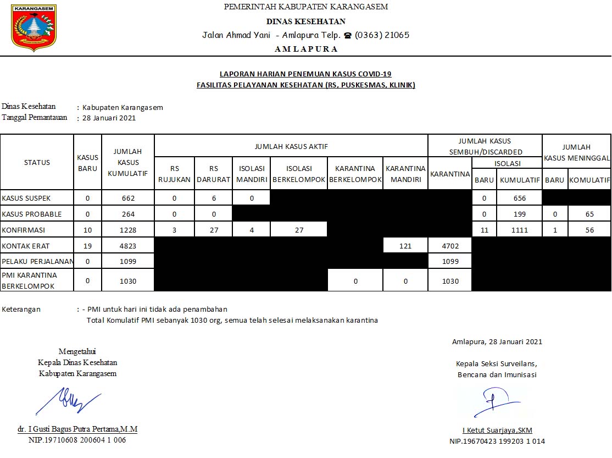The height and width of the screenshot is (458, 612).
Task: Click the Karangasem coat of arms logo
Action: click(34, 28)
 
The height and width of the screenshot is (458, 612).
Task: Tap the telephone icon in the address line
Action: click(347, 35)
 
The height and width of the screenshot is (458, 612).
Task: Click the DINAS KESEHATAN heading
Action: click(306, 21)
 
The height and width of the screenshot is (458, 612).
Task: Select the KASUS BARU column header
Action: click(87, 162)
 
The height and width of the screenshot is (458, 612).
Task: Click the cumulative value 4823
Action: click(128, 246)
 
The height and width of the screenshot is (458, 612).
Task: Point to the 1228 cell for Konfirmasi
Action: click(128, 230)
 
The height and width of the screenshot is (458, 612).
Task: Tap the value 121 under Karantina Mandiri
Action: click(405, 246)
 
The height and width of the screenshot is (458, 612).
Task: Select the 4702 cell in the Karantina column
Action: click(450, 246)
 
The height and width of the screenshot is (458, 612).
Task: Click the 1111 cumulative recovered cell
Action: click(519, 230)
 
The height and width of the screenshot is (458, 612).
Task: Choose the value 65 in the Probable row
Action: click(589, 214)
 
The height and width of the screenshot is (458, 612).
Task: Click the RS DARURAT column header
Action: click(214, 174)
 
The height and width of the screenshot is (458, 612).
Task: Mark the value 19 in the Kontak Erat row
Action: click(87, 246)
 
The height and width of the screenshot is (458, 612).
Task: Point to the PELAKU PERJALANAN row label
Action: click(36, 261)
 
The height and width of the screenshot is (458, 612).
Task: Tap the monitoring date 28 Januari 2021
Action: click(109, 118)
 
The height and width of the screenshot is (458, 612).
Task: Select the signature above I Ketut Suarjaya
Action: click(496, 402)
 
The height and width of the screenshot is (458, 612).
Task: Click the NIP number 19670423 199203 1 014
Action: click(497, 441)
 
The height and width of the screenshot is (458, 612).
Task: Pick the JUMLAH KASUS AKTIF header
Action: click(291, 147)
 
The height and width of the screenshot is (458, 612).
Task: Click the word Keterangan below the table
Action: click(21, 309)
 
